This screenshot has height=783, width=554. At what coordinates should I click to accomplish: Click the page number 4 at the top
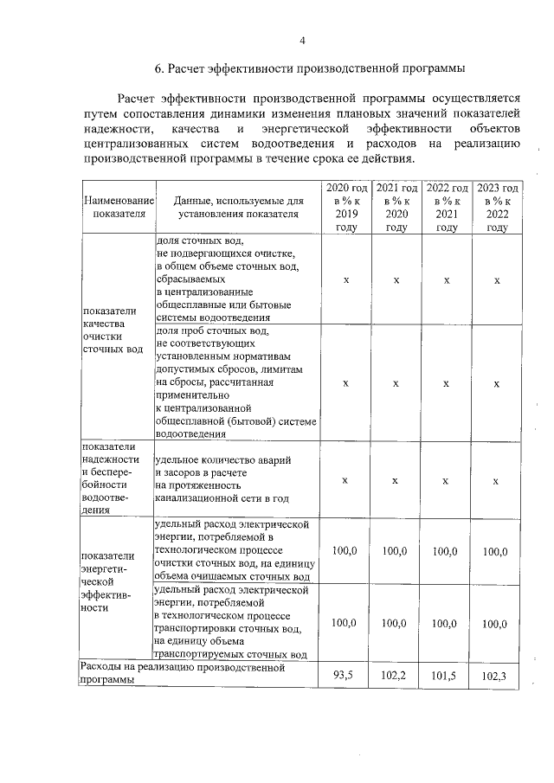click(x=302, y=40)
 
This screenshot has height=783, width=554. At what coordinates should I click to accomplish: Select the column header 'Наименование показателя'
click(x=119, y=207)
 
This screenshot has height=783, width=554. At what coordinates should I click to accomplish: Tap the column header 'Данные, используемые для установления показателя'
click(x=238, y=207)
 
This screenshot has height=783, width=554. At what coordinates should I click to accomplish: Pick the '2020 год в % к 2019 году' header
click(x=346, y=208)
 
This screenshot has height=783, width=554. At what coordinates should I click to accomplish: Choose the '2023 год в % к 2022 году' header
click(x=497, y=208)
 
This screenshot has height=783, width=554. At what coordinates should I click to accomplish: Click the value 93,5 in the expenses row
click(x=346, y=675)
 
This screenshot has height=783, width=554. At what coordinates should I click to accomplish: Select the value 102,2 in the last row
click(x=396, y=675)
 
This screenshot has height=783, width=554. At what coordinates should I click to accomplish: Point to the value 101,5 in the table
click(x=446, y=675)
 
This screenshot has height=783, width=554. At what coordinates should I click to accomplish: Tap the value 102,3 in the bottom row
click(x=496, y=675)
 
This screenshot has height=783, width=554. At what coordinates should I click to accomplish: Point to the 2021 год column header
click(x=396, y=208)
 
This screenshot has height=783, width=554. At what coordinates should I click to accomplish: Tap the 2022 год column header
click(x=447, y=208)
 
